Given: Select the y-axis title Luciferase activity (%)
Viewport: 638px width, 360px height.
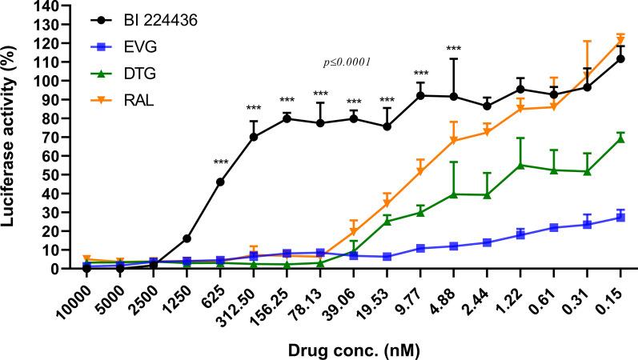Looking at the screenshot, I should pyautogui.click(x=11, y=136).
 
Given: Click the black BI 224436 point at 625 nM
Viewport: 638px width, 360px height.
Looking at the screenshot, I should pyautogui.click(x=220, y=182).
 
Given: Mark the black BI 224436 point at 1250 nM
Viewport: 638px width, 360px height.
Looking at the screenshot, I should pyautogui.click(x=187, y=238).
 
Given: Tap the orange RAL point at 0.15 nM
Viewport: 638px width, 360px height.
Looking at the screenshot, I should pyautogui.click(x=620, y=41).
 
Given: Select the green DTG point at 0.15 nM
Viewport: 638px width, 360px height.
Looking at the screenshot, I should pyautogui.click(x=620, y=138).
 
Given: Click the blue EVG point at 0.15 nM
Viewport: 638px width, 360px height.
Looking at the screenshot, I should pyautogui.click(x=620, y=218).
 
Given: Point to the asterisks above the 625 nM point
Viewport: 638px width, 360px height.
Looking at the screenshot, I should pyautogui.click(x=220, y=164).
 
